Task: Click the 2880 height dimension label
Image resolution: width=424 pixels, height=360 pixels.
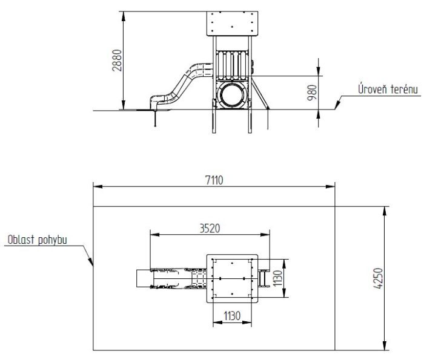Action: pyautogui.click(x=117, y=61)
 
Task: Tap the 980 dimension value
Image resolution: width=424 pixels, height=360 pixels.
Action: pyautogui.click(x=312, y=93)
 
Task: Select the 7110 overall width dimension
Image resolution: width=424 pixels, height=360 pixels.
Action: pyautogui.click(x=214, y=180)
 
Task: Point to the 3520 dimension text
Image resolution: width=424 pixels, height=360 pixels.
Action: pyautogui.click(x=210, y=229)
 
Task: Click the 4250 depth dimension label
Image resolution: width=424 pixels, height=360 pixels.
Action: pyautogui.click(x=379, y=278)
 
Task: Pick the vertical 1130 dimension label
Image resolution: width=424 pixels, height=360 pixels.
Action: pyautogui.click(x=277, y=278)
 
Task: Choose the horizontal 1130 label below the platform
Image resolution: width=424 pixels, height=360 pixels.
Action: pyautogui.click(x=232, y=316)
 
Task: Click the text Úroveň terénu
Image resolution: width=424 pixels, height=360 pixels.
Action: pyautogui.click(x=388, y=89)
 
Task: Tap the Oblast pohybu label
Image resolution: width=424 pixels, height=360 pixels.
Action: pyautogui.click(x=38, y=240)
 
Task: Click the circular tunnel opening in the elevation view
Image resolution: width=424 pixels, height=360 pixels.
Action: pyautogui.click(x=232, y=95)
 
